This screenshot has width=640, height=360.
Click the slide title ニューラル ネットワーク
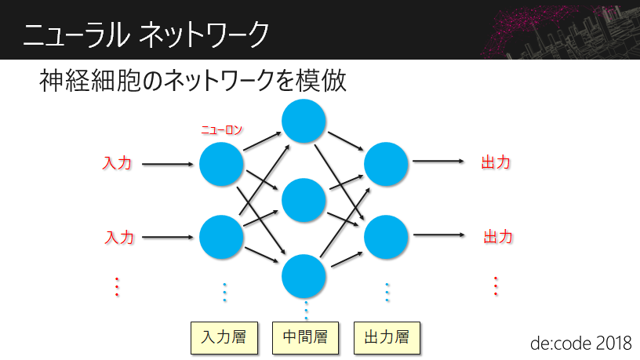coord(145,34)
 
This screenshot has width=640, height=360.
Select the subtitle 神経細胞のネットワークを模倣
coord(193,82)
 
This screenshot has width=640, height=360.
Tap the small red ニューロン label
coord(221,131)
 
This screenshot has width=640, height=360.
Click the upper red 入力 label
coord(118,164)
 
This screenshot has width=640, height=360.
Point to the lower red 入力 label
coord(119,236)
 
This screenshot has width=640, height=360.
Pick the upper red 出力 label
coord(496,163)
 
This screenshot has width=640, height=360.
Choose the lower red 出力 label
coord(498,236)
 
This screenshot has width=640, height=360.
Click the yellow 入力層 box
coord(224,338)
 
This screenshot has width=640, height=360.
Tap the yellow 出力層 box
coord(387,338)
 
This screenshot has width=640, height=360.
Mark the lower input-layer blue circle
coord(222,237)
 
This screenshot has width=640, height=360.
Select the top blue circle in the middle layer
coord(304,122)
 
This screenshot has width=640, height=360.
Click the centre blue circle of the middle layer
coord(304,201)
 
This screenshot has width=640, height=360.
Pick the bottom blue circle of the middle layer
coord(304,272)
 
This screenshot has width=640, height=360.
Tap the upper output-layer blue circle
coord(387,164)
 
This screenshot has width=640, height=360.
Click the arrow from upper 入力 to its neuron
coord(168,165)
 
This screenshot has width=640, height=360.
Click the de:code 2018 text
coord(580,343)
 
